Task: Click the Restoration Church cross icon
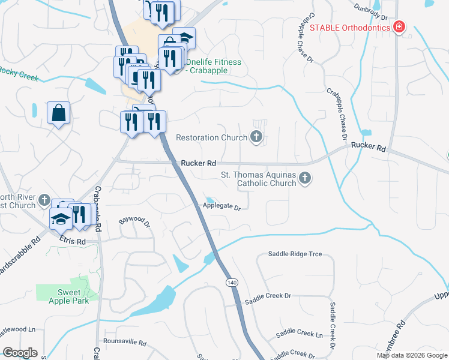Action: point(256,137)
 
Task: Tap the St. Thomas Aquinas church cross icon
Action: point(305,178)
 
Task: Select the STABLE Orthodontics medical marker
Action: point(398,27)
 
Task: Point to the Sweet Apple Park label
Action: point(73,296)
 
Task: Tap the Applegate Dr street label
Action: point(221,208)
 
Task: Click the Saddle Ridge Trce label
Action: point(295,254)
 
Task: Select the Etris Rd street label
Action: point(73,241)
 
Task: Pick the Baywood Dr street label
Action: point(134,221)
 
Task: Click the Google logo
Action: point(20,353)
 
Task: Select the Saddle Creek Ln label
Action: point(299,334)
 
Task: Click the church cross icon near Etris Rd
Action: point(44,200)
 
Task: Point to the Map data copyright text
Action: point(411,355)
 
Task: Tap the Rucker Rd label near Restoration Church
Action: point(198,163)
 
